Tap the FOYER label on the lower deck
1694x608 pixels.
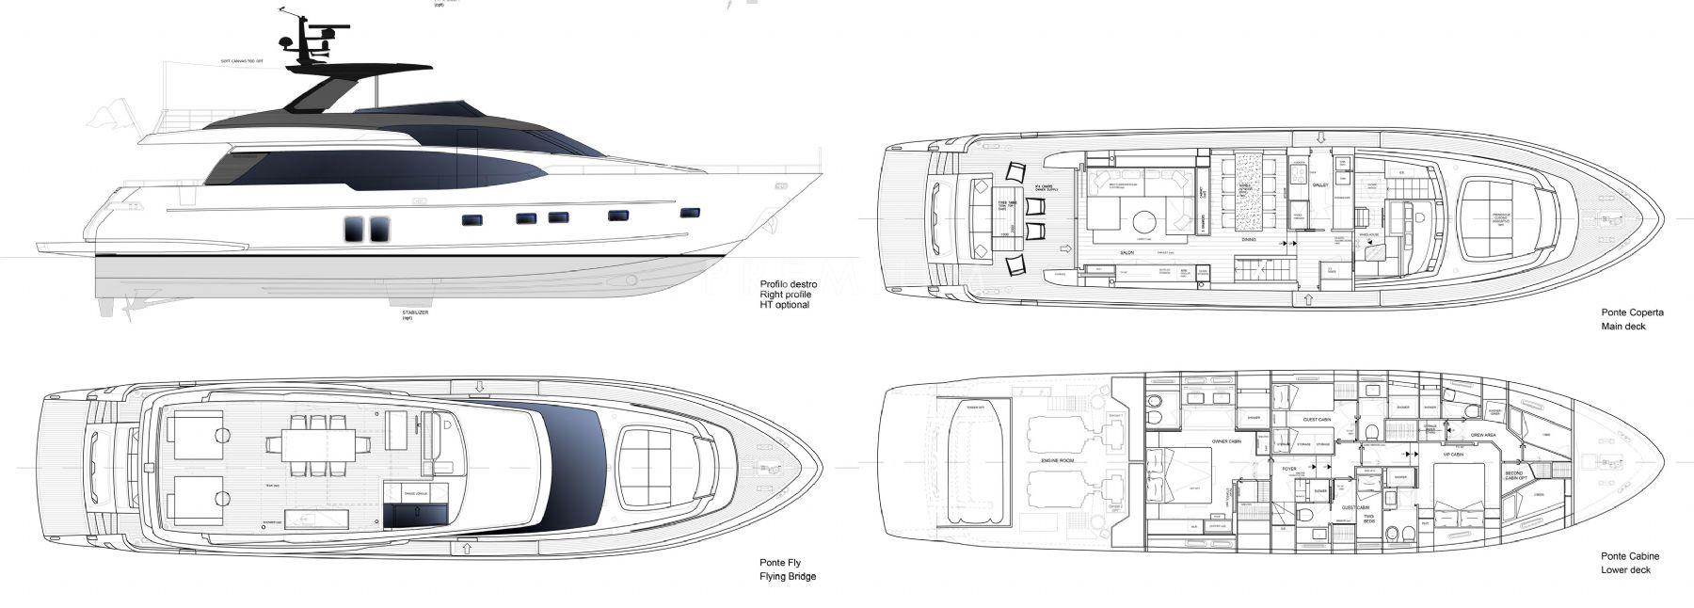[x=1289, y=468]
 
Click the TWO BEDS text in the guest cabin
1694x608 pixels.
[x=1368, y=517]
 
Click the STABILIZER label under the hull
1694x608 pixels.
[x=415, y=312]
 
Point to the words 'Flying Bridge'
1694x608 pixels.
[x=788, y=576]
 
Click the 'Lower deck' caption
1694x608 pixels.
[x=1625, y=570]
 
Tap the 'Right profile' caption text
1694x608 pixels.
[x=785, y=295]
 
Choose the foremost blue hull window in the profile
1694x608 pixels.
[x=690, y=213]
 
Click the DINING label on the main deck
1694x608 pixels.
[x=1249, y=240]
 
